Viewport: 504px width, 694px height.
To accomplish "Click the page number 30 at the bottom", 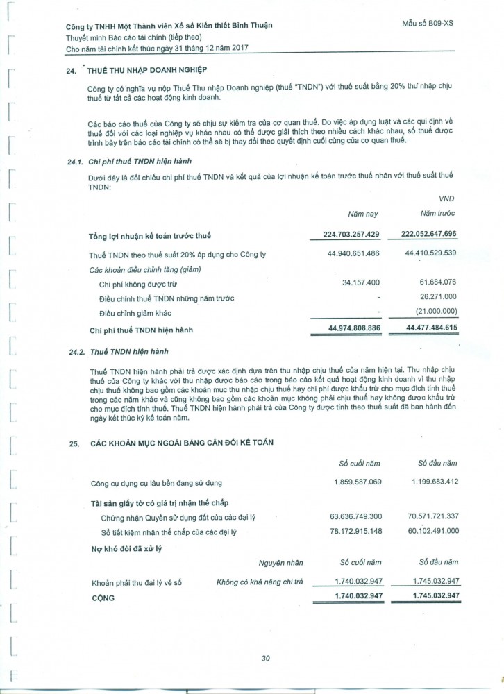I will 264,659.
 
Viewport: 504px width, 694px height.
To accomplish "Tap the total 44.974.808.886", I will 346,328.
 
